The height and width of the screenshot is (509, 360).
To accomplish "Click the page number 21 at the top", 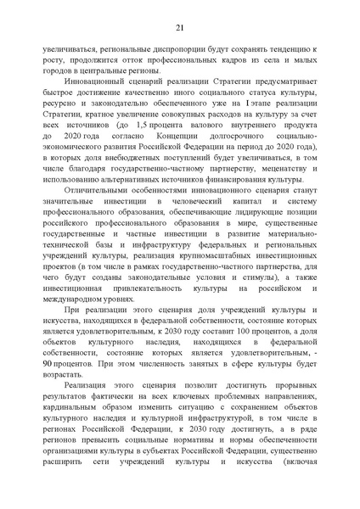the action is [x=180, y=28].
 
